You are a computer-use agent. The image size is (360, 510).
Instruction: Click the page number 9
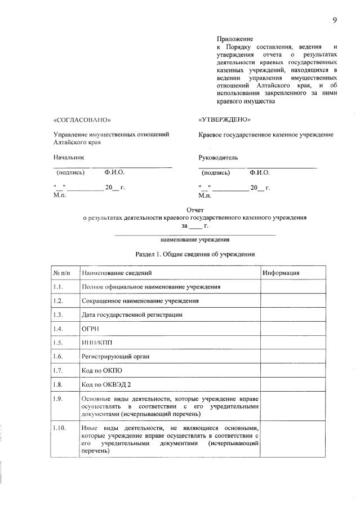point(334,20)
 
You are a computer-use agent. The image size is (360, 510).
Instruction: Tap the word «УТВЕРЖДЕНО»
point(224,120)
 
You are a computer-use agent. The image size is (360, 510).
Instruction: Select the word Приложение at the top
point(233,38)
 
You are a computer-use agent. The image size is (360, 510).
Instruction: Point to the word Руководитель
point(218,157)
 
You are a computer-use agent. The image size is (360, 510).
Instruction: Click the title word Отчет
point(195,209)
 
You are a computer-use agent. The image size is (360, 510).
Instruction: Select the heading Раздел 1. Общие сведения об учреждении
point(195,254)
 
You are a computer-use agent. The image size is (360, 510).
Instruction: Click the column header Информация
point(280,273)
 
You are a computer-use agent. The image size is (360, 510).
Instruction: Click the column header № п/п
point(62,273)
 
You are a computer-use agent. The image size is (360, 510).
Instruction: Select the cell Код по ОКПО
point(102,370)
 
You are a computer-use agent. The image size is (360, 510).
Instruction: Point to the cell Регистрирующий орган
point(115,357)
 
